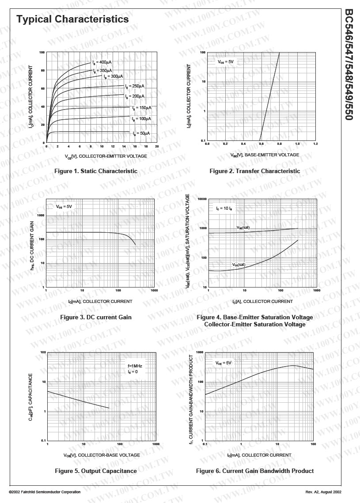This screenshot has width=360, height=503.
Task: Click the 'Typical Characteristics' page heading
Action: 72,19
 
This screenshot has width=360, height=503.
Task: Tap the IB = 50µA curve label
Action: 142,133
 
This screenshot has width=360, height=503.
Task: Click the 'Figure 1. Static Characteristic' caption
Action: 96,171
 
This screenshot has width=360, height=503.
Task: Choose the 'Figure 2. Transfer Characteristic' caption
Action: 255,171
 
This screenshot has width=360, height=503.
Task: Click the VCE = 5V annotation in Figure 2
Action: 225,62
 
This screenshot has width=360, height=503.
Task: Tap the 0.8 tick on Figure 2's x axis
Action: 279,144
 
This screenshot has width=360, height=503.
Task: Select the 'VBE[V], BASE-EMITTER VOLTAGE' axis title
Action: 265,155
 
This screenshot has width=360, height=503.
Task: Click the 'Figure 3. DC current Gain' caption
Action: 96,317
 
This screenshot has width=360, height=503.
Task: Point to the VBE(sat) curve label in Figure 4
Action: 243,227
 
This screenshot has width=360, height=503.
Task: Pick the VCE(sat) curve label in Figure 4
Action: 239,265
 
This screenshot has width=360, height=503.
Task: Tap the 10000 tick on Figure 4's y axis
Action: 202,199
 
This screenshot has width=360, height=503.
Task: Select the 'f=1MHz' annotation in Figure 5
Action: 135,366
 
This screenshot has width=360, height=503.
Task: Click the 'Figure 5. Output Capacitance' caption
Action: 96,471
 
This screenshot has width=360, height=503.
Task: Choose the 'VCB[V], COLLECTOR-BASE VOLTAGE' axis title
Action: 102,455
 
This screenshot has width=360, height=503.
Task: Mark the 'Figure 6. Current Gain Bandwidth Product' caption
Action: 255,471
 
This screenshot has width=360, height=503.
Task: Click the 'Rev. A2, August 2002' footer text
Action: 323,492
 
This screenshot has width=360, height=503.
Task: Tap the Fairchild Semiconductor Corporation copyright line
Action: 45,492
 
